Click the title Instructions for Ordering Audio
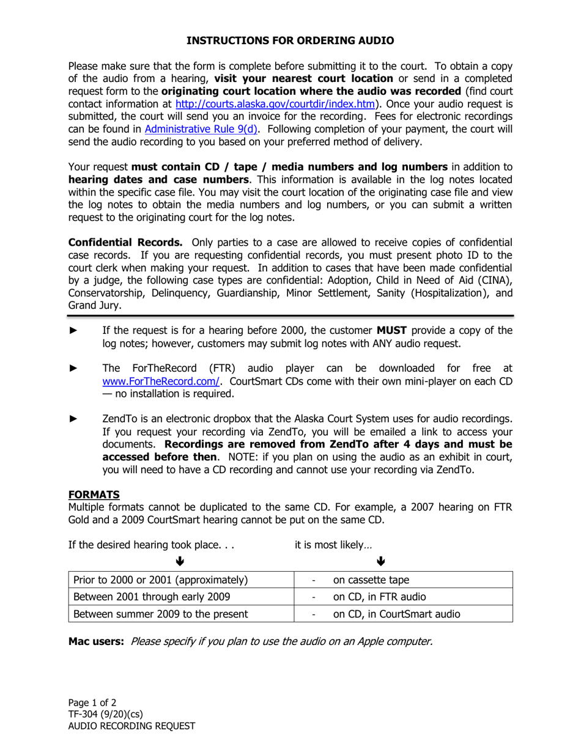pyautogui.click(x=290, y=40)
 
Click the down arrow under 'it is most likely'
pyautogui.click(x=380, y=561)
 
